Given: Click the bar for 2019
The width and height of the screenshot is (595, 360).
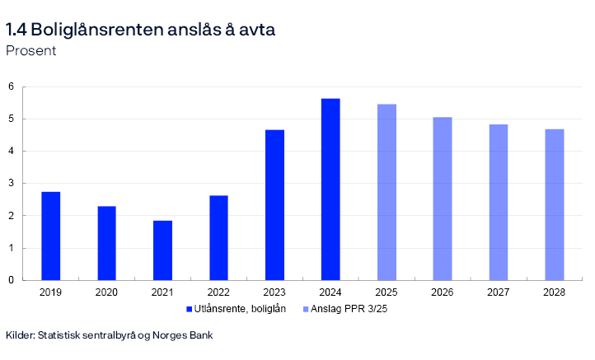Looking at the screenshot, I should [x=50, y=236].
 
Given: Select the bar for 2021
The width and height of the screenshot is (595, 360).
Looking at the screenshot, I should [x=162, y=250].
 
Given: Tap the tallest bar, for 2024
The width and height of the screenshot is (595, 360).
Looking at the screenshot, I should [x=330, y=189].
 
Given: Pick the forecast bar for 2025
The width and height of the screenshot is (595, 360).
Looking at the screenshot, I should [x=387, y=192].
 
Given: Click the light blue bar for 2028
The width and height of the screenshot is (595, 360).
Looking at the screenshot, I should [x=554, y=204].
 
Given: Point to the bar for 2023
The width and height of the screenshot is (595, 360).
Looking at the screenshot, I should [x=274, y=205].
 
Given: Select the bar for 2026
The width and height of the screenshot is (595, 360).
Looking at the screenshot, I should [x=443, y=199].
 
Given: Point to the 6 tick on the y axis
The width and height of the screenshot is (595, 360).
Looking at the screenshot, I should [x=12, y=86].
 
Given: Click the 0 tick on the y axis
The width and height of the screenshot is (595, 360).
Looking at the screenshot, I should [x=12, y=280].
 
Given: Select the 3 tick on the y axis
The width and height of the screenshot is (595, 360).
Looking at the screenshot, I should [x=12, y=184].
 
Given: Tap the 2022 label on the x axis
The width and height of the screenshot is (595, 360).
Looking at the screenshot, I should [x=218, y=292].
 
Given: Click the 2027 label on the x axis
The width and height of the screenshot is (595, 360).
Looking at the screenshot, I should [x=498, y=292].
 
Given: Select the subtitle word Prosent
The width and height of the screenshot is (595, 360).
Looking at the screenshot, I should [x=30, y=51].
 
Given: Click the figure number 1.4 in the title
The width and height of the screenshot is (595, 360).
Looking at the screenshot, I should [x=16, y=30].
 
